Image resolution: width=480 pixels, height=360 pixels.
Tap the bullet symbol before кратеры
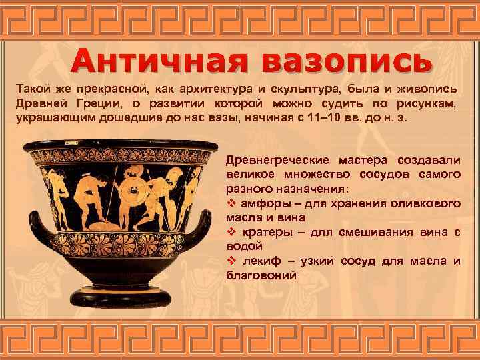[232, 231]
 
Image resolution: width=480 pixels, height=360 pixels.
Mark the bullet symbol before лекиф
[232, 260]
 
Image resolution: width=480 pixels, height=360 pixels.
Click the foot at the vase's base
[121, 304]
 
